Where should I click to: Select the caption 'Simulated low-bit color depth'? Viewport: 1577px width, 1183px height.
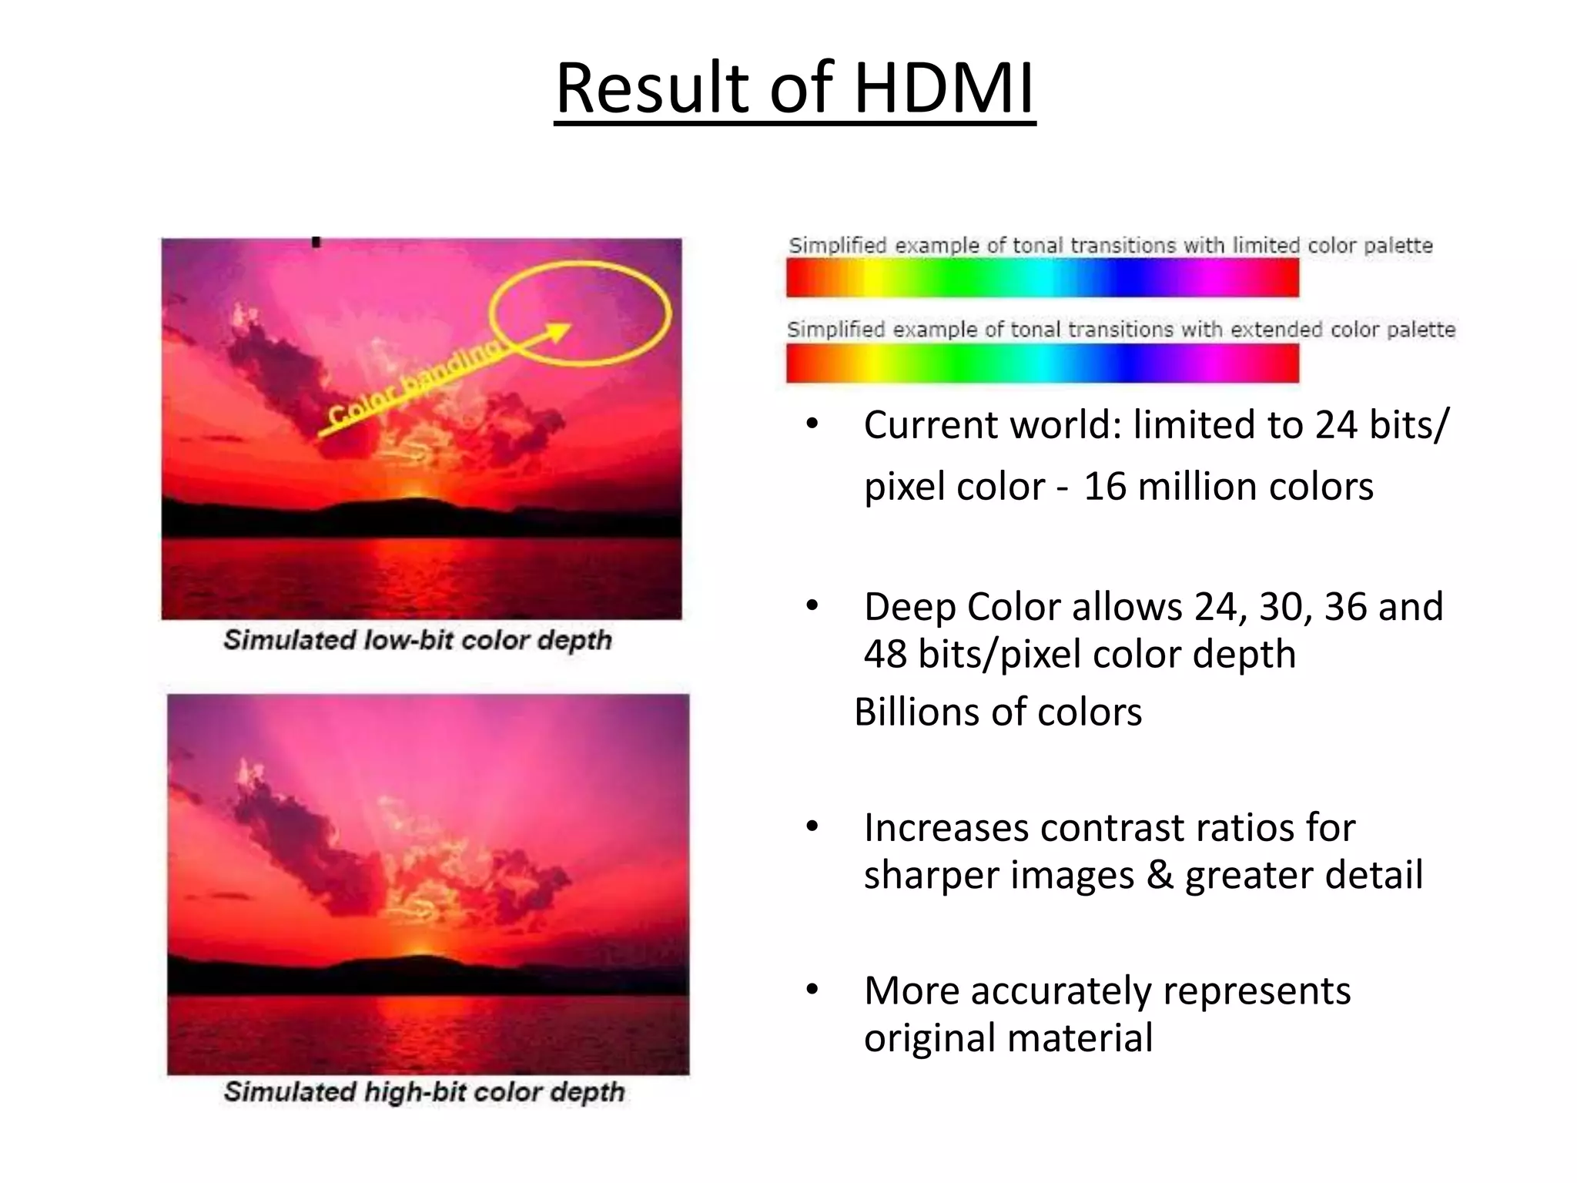point(417,640)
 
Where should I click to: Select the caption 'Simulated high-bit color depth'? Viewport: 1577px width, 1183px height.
point(424,1091)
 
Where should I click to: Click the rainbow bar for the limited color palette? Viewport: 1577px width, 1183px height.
point(1042,278)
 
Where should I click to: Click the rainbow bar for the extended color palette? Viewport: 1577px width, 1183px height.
point(1042,364)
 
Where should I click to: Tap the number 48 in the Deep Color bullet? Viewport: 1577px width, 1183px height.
point(885,655)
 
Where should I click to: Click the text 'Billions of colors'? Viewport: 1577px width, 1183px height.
point(998,712)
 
